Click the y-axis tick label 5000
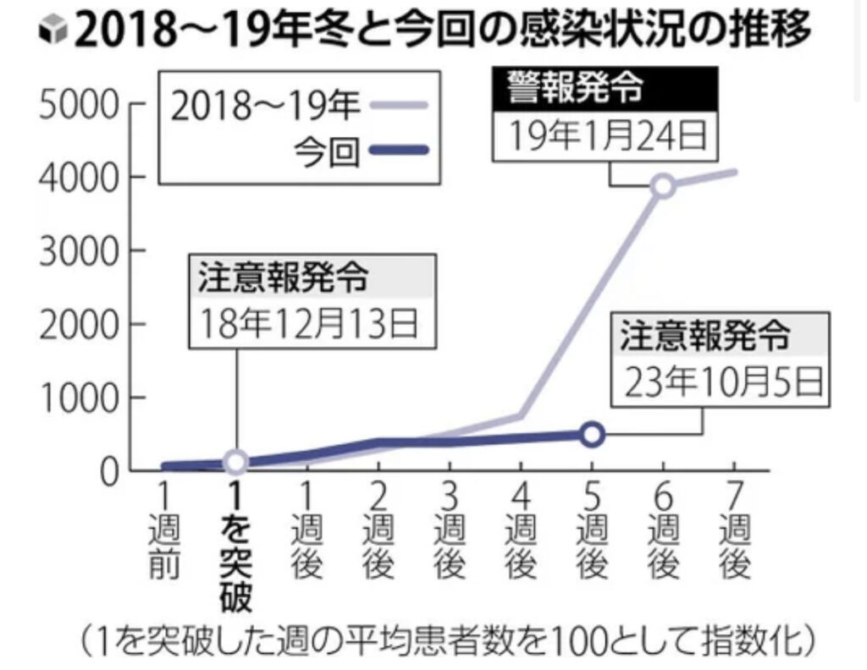75,106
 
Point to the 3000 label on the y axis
75,251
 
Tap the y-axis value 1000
75,398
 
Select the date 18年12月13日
310,322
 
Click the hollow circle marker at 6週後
664,186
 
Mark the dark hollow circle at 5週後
593,434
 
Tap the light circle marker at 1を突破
236,462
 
